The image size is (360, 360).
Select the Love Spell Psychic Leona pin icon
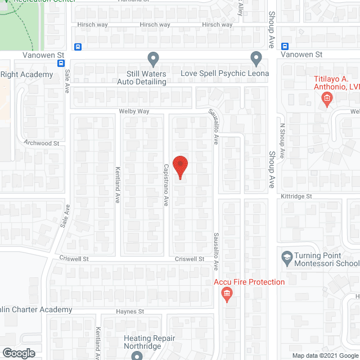(256, 58)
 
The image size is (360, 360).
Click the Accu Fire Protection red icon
(227, 293)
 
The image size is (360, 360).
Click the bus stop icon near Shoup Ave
(285, 47)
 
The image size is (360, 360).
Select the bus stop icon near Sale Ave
(77, 47)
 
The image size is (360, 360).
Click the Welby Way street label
(134, 111)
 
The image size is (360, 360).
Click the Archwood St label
(41, 143)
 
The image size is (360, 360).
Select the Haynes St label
(130, 311)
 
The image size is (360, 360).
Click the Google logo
(18, 353)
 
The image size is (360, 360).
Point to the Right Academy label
(26, 74)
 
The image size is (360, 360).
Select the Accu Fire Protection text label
(249, 282)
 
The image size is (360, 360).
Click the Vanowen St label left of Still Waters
(44, 55)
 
